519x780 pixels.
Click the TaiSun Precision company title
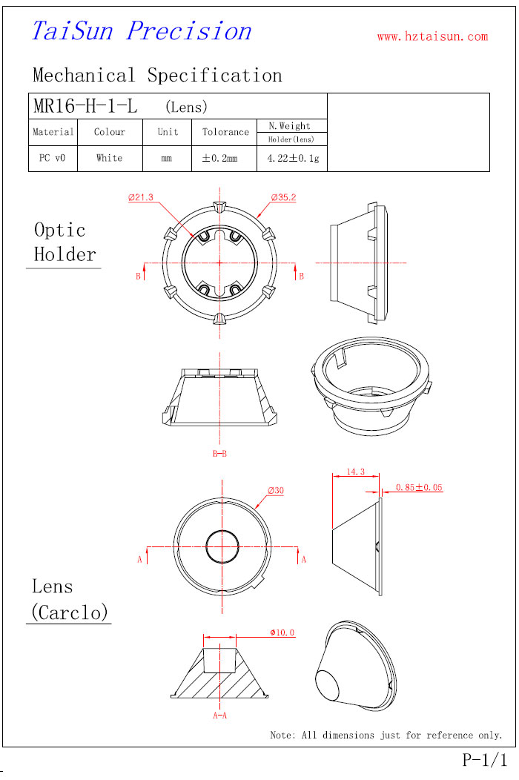pos(142,31)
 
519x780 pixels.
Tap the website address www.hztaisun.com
pos(432,36)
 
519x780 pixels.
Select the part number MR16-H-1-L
pos(85,106)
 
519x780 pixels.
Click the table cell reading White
pos(110,158)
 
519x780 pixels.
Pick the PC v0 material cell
pos(52,158)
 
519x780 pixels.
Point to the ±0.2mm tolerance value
pos(220,158)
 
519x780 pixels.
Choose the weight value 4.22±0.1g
pos(293,158)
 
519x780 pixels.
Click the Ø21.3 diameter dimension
pos(141,197)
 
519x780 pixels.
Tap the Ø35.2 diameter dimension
pos(284,197)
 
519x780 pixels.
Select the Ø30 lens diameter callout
pos(276,491)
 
